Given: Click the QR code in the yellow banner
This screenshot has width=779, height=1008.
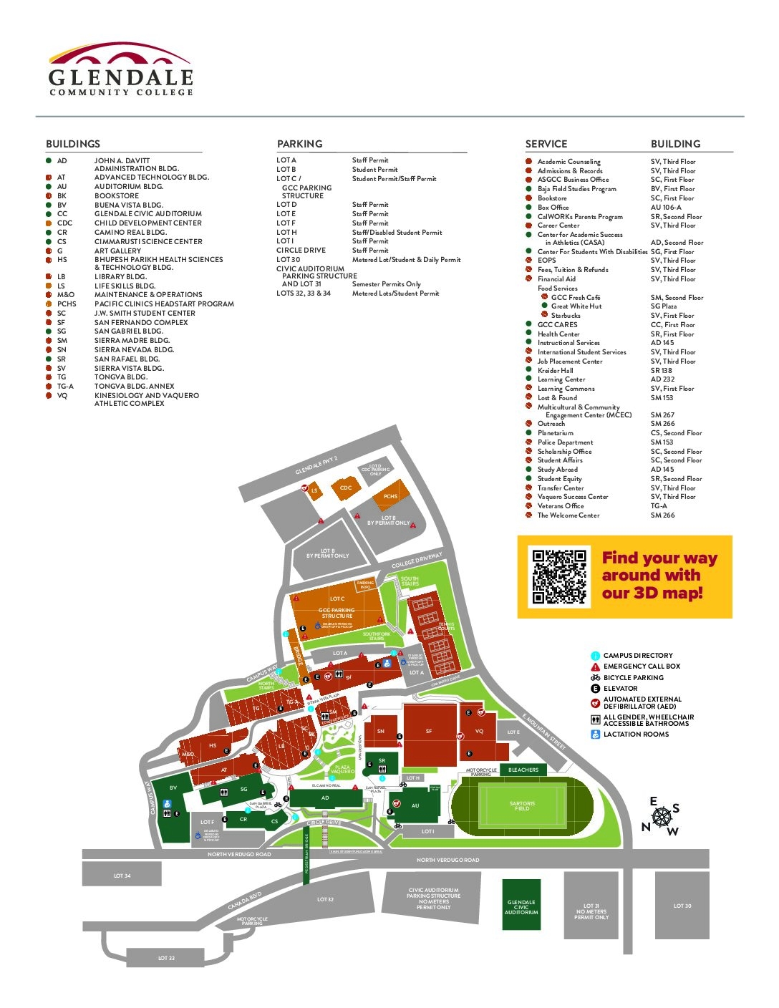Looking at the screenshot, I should [559, 576].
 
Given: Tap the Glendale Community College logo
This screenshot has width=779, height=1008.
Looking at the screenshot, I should [120, 69].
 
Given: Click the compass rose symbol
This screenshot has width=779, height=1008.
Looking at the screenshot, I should [662, 815].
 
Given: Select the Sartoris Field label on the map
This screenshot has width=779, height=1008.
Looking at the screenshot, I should [522, 805].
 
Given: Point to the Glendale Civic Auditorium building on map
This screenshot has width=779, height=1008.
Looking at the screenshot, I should [521, 906].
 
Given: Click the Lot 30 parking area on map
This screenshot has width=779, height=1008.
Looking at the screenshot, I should [682, 906].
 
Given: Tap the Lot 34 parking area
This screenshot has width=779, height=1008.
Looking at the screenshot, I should [122, 876].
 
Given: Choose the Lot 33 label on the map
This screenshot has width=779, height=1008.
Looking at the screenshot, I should [166, 958].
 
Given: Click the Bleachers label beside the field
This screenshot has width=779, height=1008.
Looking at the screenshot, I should [523, 770].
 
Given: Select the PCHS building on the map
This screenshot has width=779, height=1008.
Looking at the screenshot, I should [390, 495].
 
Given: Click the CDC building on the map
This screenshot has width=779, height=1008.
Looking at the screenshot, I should [346, 488].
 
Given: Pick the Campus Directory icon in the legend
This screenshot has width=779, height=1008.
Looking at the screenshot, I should [595, 656].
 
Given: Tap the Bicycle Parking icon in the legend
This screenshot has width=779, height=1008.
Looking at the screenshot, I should [595, 677].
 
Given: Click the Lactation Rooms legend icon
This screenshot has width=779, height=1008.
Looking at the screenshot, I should [595, 735].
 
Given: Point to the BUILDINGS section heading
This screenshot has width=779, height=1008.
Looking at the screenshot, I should [73, 144].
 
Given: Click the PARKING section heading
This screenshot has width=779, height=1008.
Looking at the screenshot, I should [300, 144].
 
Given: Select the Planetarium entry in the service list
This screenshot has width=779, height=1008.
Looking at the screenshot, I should [556, 433].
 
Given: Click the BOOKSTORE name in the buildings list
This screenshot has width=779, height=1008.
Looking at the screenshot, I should [117, 195].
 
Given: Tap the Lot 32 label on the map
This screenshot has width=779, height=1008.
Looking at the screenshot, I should [325, 899].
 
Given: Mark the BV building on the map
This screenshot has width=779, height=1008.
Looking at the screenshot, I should [173, 788].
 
